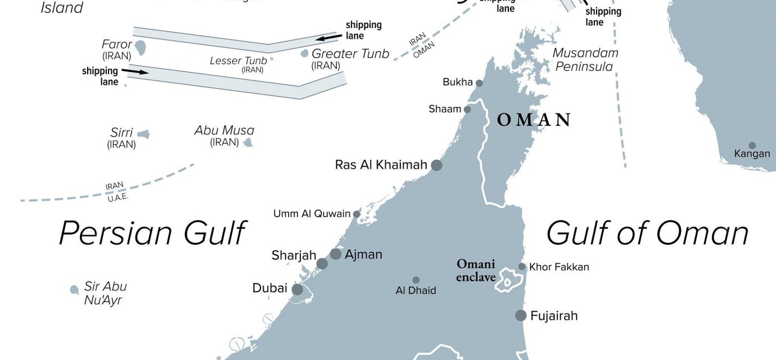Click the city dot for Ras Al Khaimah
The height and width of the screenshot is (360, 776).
(436, 165)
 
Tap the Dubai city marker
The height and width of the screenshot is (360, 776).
(297, 289)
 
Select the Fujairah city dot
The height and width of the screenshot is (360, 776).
(521, 315)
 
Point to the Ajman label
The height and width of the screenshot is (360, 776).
(363, 254)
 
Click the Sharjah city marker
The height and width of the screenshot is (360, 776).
(322, 263)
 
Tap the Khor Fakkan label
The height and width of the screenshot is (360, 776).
(559, 267)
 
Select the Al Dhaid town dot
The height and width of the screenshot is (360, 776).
(416, 280)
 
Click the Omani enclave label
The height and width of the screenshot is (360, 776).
(476, 270)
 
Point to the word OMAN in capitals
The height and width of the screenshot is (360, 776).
(534, 120)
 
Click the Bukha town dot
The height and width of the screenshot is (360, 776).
(479, 83)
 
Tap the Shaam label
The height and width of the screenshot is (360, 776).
(445, 109)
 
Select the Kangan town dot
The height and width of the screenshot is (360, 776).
(752, 145)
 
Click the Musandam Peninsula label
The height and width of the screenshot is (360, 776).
(585, 60)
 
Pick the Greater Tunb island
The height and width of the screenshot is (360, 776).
(304, 53)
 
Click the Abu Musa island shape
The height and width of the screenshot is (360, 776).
(247, 143)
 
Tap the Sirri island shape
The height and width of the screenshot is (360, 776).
(143, 134)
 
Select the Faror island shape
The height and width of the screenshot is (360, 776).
(140, 47)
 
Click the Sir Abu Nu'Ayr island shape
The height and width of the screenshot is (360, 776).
(74, 290)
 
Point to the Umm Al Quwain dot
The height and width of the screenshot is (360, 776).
(357, 214)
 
